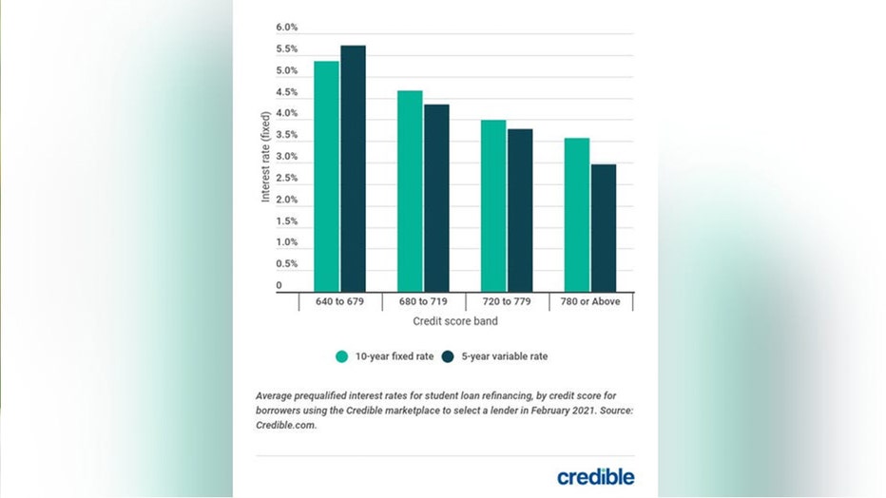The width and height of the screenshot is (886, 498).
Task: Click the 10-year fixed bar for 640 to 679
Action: pos(326,176)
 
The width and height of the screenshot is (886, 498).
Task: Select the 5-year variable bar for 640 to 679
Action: pos(353,168)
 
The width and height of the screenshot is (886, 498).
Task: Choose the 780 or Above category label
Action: pos(590,302)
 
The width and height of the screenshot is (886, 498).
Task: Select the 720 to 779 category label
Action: pos(507,302)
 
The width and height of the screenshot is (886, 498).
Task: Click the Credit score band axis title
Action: pos(467,322)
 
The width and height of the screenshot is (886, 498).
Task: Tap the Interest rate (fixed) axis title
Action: pos(266,157)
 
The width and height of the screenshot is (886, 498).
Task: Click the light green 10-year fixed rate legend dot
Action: pos(342,356)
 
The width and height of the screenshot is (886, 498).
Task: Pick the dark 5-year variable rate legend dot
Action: pos(451,356)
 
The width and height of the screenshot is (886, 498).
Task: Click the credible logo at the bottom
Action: pos(596,475)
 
